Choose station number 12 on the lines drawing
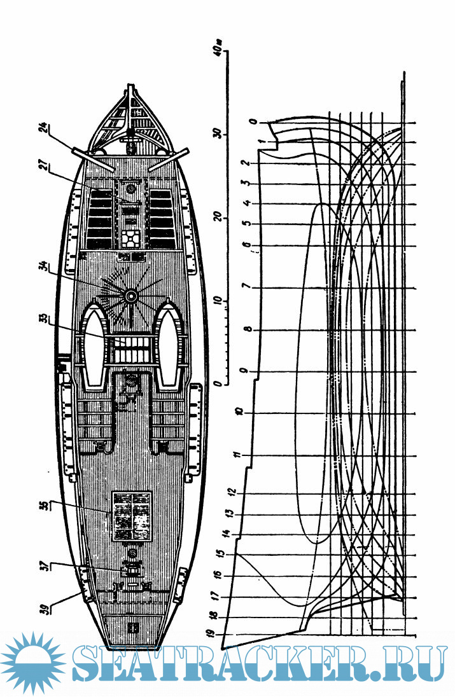pyautogui.click(x=231, y=493)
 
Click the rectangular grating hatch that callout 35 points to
pyautogui.click(x=132, y=516)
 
